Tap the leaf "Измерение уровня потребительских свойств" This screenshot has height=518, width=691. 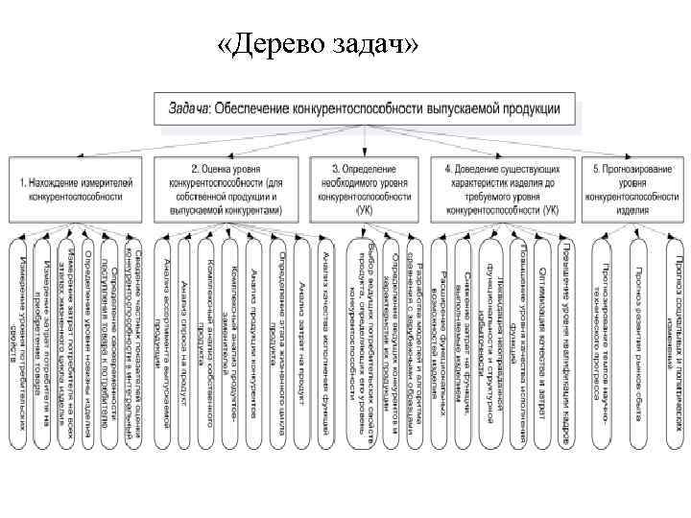click(20, 345)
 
